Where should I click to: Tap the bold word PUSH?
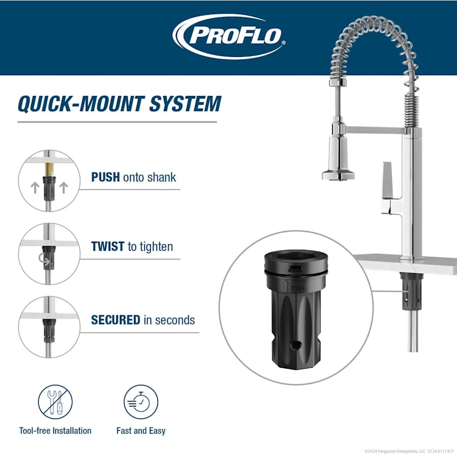click(105, 177)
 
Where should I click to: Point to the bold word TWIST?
click(108, 247)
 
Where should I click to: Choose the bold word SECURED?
click(115, 320)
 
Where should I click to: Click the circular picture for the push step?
click(49, 180)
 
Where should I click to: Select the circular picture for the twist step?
click(49, 254)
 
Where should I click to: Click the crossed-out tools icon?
click(55, 402)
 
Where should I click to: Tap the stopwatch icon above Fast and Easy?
click(141, 402)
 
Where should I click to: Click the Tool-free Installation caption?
click(55, 431)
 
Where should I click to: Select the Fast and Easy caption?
click(141, 431)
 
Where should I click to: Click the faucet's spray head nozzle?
click(337, 175)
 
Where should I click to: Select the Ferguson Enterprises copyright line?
click(409, 451)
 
